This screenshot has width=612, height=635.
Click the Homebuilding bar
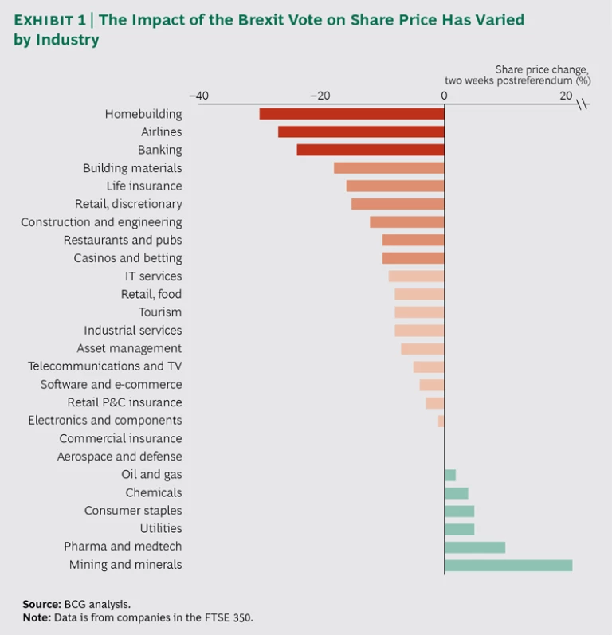click(351, 114)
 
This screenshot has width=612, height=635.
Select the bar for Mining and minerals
click(508, 565)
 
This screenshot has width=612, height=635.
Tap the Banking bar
click(371, 150)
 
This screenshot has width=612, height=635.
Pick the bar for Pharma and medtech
click(474, 547)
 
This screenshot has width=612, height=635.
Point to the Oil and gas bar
click(449, 475)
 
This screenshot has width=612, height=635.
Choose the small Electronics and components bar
click(441, 421)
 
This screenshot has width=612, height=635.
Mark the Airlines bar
click(361, 131)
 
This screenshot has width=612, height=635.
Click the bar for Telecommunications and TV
click(429, 366)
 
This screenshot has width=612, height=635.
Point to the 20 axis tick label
click(566, 96)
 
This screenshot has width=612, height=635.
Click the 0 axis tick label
click(444, 96)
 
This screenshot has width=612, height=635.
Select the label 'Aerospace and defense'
click(120, 457)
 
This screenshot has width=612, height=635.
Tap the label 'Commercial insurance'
click(120, 438)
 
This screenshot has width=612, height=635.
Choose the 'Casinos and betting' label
click(127, 258)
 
